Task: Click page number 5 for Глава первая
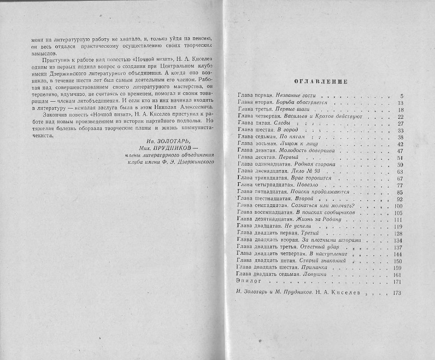pyautogui.click(x=401, y=96)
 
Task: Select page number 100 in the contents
pyautogui.click(x=398, y=206)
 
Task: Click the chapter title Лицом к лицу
pyautogui.click(x=291, y=144)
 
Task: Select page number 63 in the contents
pyautogui.click(x=399, y=171)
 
